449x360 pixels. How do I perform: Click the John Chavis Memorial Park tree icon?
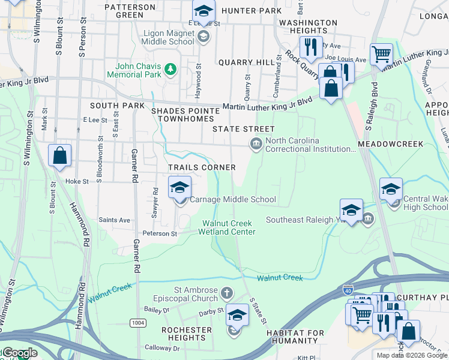[170, 70]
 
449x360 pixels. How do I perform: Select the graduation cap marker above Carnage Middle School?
[179, 188]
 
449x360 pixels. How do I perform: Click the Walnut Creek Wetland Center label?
[228, 227]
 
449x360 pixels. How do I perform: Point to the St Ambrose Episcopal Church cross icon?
[226, 293]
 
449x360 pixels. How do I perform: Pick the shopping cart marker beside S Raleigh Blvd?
[381, 55]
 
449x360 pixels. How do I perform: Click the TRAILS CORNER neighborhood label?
[201, 167]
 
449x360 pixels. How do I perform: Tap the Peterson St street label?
[160, 233]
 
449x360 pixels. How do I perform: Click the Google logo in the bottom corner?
[20, 353]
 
